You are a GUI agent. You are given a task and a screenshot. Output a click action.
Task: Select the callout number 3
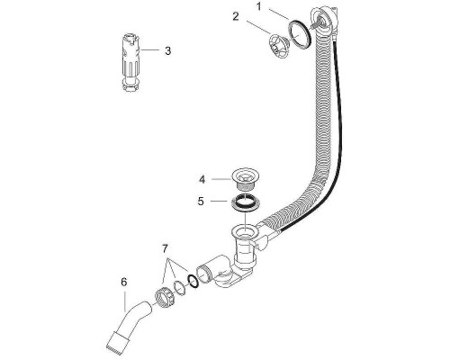167,51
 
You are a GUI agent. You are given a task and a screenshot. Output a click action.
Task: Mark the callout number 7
164,247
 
